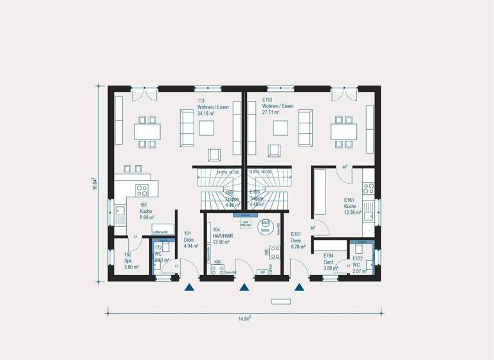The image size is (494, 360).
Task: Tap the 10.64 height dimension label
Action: point(94,184)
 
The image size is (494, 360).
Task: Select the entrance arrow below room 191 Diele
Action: point(189,288)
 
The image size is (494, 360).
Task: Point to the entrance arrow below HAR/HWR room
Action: point(244,288)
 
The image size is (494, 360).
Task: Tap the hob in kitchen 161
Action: point(142,190)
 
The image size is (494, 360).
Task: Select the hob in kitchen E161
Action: point(369,188)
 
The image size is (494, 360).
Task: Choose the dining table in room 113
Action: point(147,131)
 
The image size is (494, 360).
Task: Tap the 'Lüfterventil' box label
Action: point(160,230)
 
